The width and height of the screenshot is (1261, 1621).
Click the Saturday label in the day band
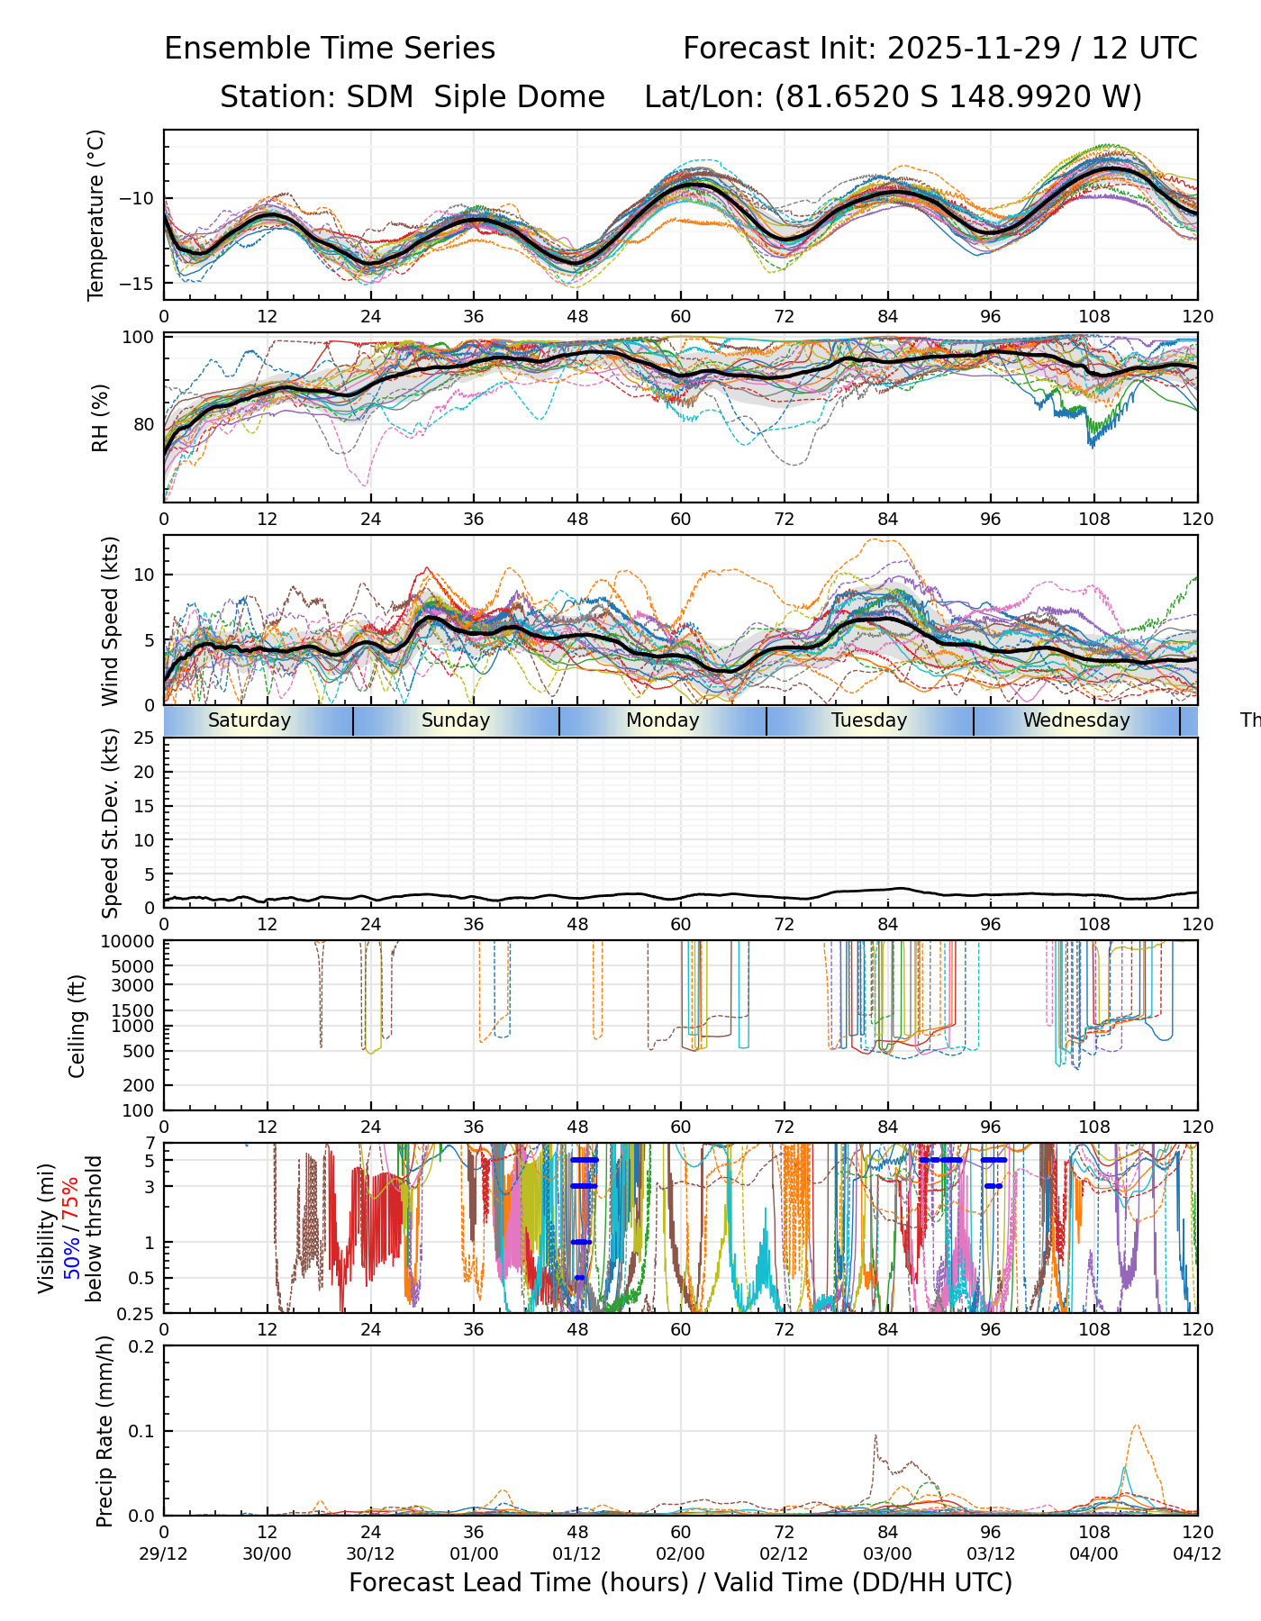249,720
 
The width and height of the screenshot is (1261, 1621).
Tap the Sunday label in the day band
456,720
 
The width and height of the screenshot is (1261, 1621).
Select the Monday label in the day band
662,720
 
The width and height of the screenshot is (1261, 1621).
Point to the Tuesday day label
869,720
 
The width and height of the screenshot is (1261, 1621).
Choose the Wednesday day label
1076,720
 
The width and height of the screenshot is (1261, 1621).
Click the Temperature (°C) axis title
96,214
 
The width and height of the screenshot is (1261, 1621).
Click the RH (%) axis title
100,418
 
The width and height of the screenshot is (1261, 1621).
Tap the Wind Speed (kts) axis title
110,621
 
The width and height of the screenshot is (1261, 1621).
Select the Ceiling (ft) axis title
77,1026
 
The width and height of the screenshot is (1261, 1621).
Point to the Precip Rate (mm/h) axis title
104,1432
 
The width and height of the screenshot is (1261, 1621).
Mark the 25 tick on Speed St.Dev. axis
145,738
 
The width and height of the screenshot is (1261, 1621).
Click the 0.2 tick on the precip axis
143,1346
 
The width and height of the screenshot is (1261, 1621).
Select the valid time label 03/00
887,1553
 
